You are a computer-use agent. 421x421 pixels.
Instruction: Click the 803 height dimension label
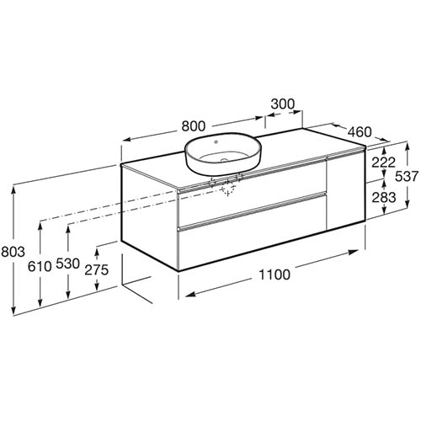coord(13,252)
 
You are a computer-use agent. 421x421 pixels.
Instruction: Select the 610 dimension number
coord(40,266)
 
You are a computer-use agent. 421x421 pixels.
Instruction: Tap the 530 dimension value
coord(68,264)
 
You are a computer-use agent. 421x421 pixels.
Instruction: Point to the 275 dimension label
coord(97,269)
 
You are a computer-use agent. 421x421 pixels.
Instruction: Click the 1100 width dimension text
coord(274,274)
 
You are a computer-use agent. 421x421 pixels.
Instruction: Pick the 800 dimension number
coord(194,126)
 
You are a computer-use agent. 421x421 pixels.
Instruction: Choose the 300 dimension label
coord(283,104)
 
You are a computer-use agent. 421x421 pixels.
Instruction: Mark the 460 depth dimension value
coord(360,131)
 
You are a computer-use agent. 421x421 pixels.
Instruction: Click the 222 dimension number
coord(383,163)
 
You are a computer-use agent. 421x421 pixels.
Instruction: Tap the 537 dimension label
coord(407,177)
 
